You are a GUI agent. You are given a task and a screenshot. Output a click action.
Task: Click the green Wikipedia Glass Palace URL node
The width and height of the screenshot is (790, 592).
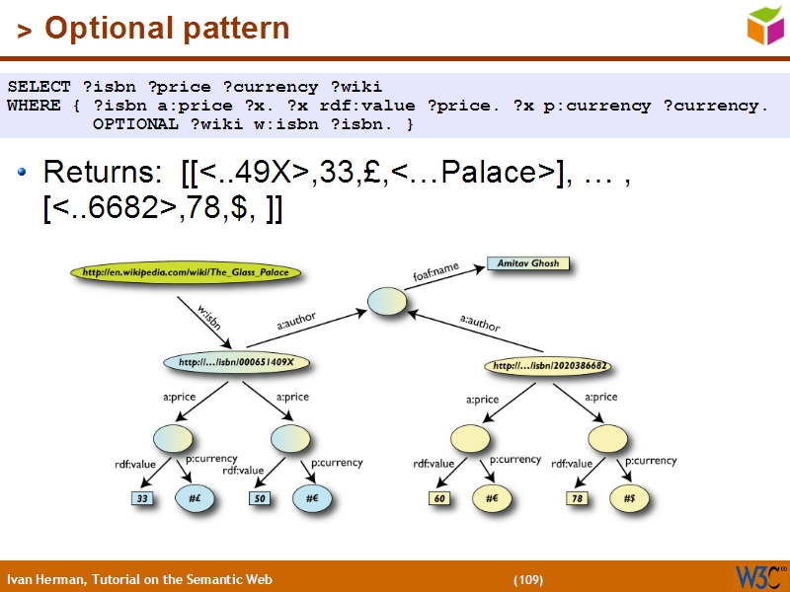click(186, 272)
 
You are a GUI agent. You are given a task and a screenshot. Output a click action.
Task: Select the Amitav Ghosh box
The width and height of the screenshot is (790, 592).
click(528, 264)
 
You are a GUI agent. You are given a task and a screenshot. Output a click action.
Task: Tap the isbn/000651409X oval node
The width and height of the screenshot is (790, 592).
click(237, 363)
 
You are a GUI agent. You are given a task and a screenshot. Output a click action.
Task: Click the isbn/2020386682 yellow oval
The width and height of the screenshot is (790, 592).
click(548, 366)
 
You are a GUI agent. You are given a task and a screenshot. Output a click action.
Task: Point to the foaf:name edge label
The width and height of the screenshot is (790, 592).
click(435, 270)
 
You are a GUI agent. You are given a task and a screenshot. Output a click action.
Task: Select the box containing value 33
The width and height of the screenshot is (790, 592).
click(143, 499)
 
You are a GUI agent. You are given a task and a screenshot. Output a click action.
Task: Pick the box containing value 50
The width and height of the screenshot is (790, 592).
click(260, 499)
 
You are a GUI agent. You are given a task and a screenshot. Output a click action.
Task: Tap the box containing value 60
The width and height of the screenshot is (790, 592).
click(439, 499)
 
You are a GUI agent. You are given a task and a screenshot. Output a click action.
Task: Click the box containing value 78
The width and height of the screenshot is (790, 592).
click(578, 499)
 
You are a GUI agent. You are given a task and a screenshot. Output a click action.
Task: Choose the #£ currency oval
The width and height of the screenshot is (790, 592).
click(195, 499)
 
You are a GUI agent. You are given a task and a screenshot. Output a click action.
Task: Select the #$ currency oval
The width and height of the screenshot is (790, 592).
click(629, 499)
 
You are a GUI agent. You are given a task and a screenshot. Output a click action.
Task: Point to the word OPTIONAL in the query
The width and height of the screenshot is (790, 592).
click(133, 124)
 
